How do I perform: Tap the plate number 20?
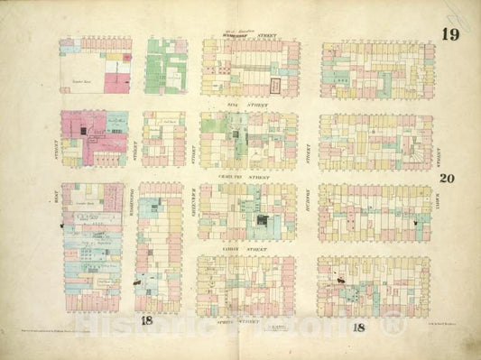pos(447,178)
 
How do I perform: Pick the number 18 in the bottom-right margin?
pos(358,327)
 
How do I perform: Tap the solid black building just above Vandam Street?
pos(262,221)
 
